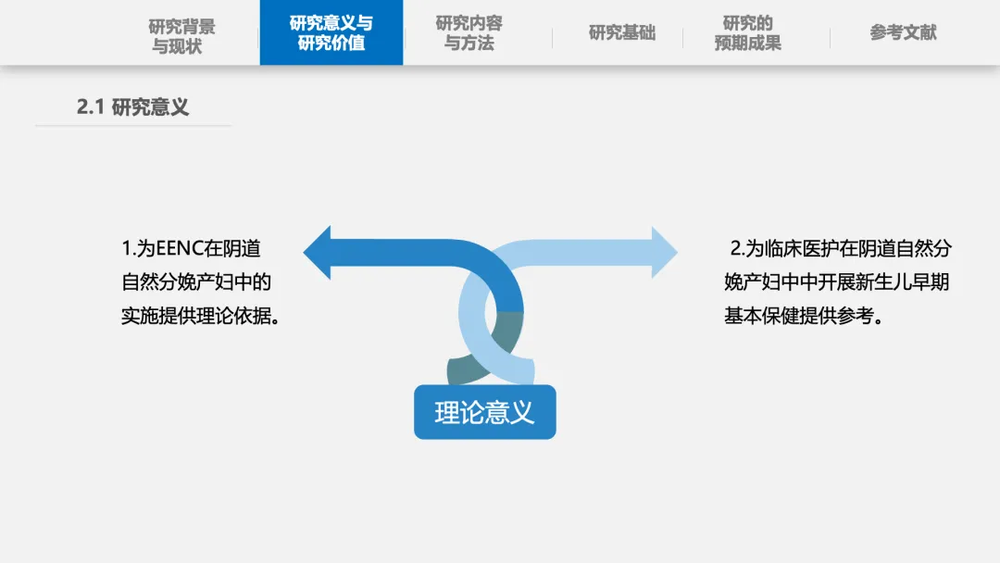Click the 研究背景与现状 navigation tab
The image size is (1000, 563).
click(x=181, y=35)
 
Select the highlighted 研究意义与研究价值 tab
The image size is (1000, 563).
click(x=331, y=33)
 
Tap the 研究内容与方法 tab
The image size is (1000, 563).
click(x=469, y=33)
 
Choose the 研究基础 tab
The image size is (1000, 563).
click(x=621, y=33)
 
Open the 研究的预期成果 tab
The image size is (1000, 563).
click(x=747, y=33)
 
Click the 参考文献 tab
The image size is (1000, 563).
click(x=903, y=32)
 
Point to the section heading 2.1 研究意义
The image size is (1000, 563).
click(x=132, y=106)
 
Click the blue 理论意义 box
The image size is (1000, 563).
click(x=484, y=412)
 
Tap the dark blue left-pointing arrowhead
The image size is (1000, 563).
click(x=318, y=252)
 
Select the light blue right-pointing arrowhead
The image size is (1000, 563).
click(x=664, y=252)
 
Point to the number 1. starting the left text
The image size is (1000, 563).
click(x=128, y=249)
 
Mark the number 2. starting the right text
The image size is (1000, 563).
click(x=737, y=249)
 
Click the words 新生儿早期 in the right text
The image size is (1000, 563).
click(x=898, y=282)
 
